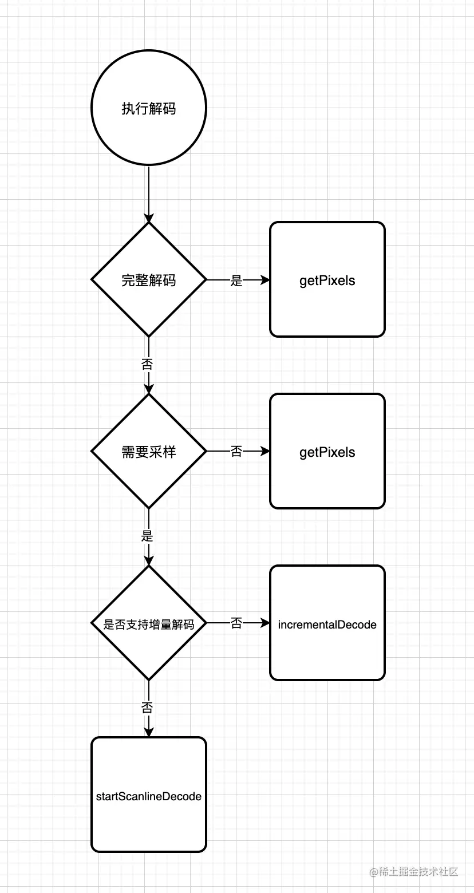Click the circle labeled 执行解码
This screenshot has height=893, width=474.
click(149, 108)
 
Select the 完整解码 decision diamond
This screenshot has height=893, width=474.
click(149, 280)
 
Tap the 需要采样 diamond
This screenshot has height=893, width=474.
click(149, 452)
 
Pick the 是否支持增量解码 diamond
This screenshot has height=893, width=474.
click(149, 623)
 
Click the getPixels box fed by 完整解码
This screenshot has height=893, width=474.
click(327, 280)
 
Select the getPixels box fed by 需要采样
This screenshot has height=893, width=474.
click(327, 452)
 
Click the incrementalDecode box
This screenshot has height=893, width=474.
click(327, 623)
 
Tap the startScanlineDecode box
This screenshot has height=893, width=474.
click(149, 795)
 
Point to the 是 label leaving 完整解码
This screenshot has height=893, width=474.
click(236, 280)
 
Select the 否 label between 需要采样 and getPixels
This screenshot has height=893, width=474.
click(236, 452)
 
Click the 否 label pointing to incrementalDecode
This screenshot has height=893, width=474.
click(236, 623)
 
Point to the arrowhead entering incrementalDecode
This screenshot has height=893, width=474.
click(265, 623)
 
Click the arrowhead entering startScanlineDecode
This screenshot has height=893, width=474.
click(149, 732)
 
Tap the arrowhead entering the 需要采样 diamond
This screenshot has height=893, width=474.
click(149, 389)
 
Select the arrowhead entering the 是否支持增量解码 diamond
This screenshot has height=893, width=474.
click(149, 560)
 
